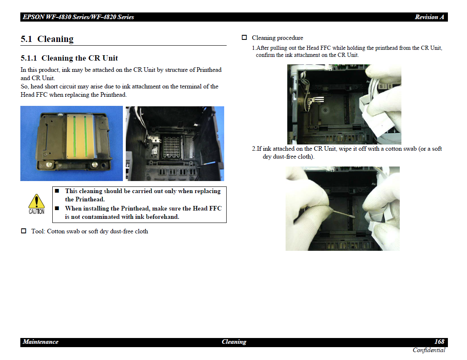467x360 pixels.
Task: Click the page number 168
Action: (439, 342)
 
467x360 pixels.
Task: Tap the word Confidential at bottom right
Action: (429, 350)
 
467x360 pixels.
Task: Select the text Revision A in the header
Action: (430, 17)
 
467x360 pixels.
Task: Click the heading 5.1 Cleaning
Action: (47, 39)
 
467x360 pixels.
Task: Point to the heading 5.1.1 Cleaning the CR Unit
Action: (69, 58)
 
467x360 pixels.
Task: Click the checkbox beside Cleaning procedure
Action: (244, 37)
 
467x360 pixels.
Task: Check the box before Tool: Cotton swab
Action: (24, 231)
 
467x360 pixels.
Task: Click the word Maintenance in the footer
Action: (41, 342)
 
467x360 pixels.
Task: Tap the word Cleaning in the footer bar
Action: (234, 342)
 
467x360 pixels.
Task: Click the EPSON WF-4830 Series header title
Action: (78, 17)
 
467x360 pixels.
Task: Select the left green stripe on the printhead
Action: (74, 136)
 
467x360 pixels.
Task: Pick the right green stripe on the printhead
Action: (86, 136)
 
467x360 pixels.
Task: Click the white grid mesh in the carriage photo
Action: (171, 147)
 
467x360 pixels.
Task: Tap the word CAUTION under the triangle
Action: (37, 212)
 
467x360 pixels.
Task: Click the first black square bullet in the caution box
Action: (57, 191)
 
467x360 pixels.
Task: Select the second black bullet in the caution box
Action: (57, 208)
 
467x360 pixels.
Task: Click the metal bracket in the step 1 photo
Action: (314, 101)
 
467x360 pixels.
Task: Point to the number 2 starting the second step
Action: (254, 149)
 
